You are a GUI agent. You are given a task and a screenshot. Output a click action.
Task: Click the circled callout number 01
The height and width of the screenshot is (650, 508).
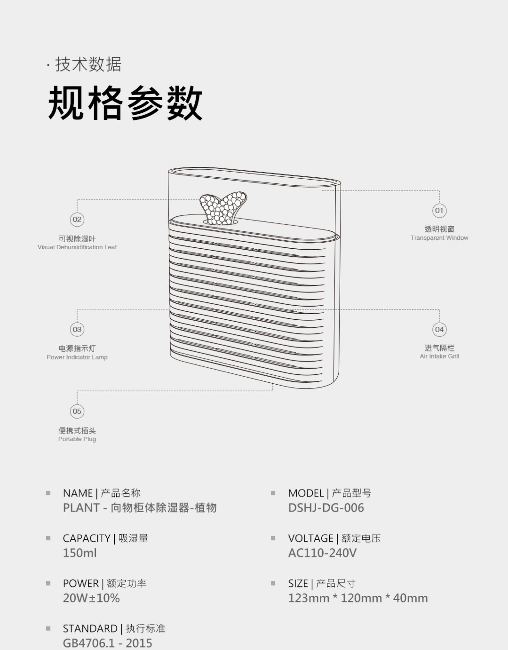pyautogui.click(x=439, y=211)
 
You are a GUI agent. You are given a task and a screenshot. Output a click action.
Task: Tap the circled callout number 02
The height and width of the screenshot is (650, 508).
pyautogui.click(x=77, y=219)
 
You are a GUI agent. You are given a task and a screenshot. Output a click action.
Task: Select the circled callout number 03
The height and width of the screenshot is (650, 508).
pyautogui.click(x=77, y=329)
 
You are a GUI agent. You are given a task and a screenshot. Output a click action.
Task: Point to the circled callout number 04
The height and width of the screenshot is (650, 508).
pyautogui.click(x=439, y=329)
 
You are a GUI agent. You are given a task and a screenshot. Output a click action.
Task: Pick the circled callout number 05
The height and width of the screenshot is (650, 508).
pyautogui.click(x=77, y=411)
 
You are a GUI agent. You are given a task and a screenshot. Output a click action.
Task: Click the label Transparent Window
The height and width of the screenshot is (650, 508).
pyautogui.click(x=439, y=238)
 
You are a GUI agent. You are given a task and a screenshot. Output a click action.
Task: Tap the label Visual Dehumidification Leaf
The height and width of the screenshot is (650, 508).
pyautogui.click(x=77, y=247)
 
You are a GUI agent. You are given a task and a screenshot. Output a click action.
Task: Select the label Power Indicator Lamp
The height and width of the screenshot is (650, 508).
pyautogui.click(x=77, y=357)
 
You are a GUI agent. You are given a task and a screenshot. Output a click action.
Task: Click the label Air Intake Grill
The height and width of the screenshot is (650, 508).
pyautogui.click(x=439, y=356)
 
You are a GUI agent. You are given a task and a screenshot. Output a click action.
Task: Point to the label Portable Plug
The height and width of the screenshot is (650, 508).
pyautogui.click(x=77, y=439)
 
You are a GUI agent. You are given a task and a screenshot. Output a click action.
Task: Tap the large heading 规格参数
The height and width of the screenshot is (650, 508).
pyautogui.click(x=125, y=103)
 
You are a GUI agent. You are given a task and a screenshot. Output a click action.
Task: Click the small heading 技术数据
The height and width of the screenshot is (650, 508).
pyautogui.click(x=88, y=64)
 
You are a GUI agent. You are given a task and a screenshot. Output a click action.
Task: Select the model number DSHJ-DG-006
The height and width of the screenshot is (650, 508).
pyautogui.click(x=326, y=508)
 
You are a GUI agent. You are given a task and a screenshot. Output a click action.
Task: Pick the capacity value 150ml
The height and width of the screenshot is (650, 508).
pyautogui.click(x=80, y=553)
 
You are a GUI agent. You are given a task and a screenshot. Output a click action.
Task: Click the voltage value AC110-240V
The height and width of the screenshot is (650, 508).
pyautogui.click(x=322, y=553)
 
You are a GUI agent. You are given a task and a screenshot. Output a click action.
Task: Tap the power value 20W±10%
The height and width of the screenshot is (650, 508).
pyautogui.click(x=91, y=598)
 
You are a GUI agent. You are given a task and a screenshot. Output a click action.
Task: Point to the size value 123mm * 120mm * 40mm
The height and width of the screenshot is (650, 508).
pyautogui.click(x=358, y=598)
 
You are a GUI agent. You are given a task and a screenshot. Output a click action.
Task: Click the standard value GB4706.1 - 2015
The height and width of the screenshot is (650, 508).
pyautogui.click(x=107, y=643)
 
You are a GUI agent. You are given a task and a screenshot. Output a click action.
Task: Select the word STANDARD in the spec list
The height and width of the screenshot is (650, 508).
pyautogui.click(x=90, y=628)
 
